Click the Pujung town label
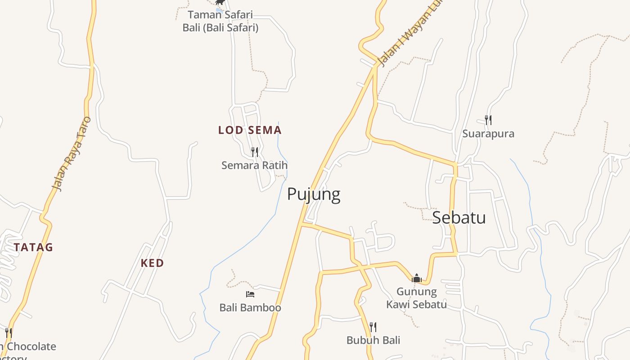point(314,194)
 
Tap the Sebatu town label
point(459,218)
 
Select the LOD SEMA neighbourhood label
point(250,130)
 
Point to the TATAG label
point(33,247)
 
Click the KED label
point(152,263)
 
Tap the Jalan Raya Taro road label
point(71,154)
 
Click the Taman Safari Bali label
point(220,21)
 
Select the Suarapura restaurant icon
point(488,120)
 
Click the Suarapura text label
point(488,134)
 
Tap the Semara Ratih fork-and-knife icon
point(255,152)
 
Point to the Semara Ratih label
point(254,165)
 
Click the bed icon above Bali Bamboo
point(250,294)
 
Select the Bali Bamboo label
point(250,308)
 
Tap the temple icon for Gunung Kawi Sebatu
point(417,278)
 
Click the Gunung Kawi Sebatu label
point(417,298)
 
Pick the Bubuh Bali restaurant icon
point(373,327)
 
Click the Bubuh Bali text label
point(373,340)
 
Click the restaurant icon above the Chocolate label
point(9,333)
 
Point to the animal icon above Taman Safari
point(220,2)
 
